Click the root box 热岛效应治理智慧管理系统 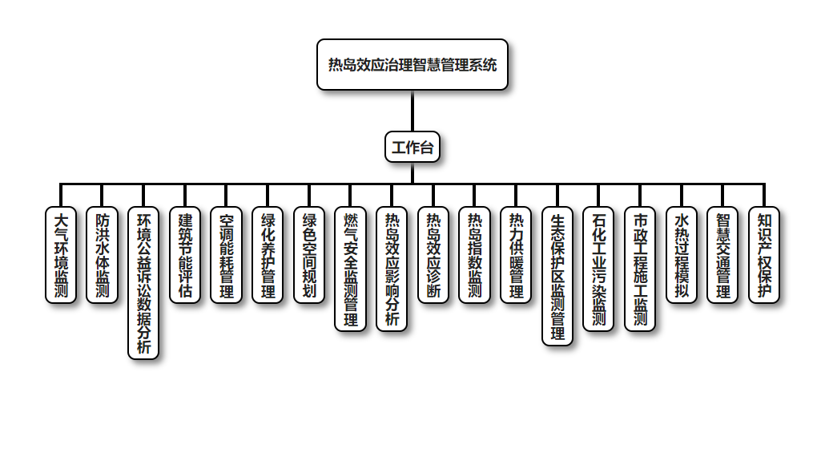[x=412, y=65]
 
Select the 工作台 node [x=412, y=148]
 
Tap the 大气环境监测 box [x=61, y=255]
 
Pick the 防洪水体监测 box [x=103, y=255]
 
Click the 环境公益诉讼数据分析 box [x=144, y=283]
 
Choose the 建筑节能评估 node [x=186, y=255]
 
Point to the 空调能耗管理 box [x=227, y=255]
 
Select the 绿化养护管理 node [x=268, y=255]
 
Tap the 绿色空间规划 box [x=309, y=255]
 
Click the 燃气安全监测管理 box [x=351, y=269]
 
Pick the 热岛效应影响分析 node [x=392, y=269]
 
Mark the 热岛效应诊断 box [x=433, y=255]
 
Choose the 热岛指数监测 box [x=475, y=255]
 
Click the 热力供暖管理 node [x=517, y=255]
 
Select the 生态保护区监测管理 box [x=558, y=276]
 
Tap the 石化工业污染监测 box [x=599, y=269]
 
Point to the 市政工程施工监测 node [x=640, y=269]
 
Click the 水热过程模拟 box [x=682, y=255]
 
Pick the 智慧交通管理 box [x=723, y=255]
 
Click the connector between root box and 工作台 [x=412, y=111]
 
